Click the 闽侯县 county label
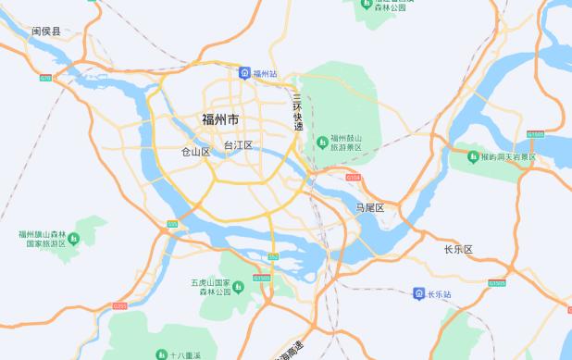point(45,31)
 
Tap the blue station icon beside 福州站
point(243,72)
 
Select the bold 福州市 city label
point(219,119)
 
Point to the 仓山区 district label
point(195,151)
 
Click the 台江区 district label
point(238,146)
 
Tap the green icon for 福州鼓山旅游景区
point(322,142)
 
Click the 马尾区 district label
point(369,208)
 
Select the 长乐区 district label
point(458,250)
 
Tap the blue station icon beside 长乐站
point(418,293)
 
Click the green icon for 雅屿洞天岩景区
point(473,156)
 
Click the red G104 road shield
point(353,175)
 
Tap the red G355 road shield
point(119,305)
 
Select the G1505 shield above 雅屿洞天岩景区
point(535,135)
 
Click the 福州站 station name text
point(266,72)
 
